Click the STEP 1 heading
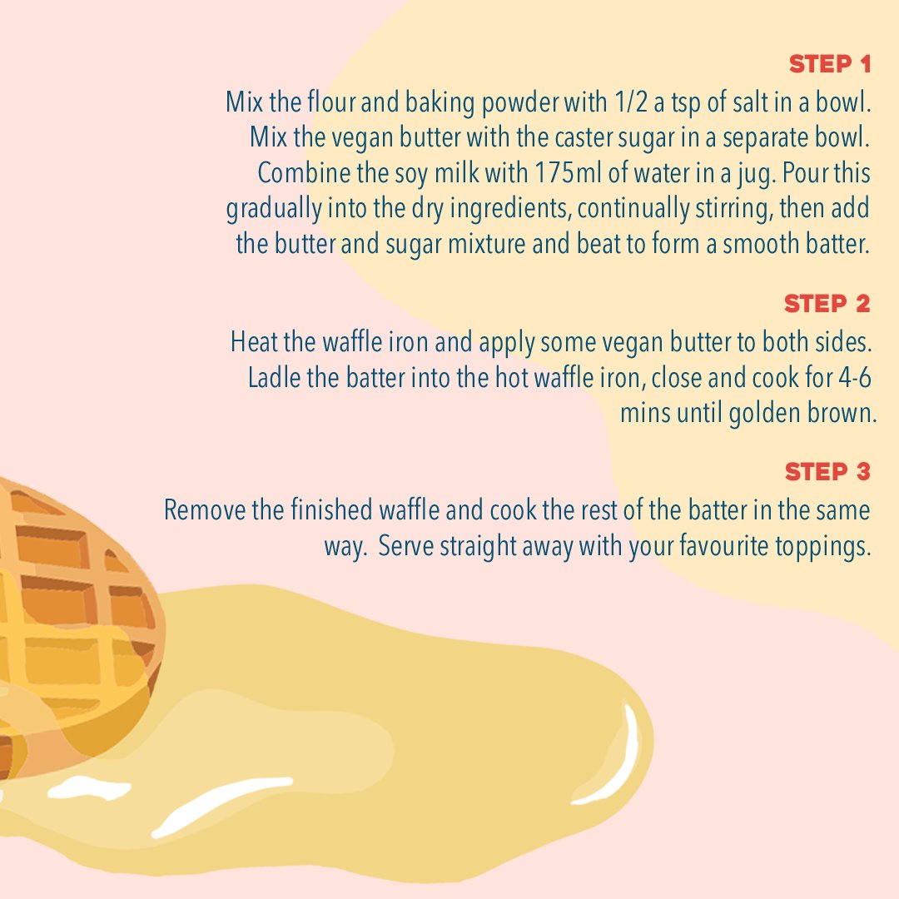point(828,65)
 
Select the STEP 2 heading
point(827,305)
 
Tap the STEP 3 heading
point(827,472)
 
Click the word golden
point(765,414)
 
